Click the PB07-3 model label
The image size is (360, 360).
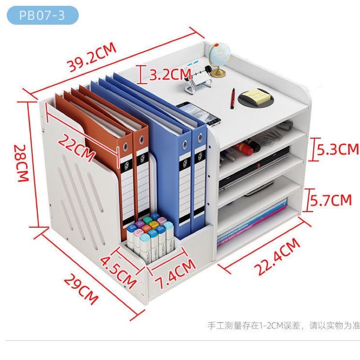point(42,15)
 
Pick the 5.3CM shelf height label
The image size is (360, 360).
point(338,149)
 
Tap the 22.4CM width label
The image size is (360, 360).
point(277,257)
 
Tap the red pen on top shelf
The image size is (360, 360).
point(233,98)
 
